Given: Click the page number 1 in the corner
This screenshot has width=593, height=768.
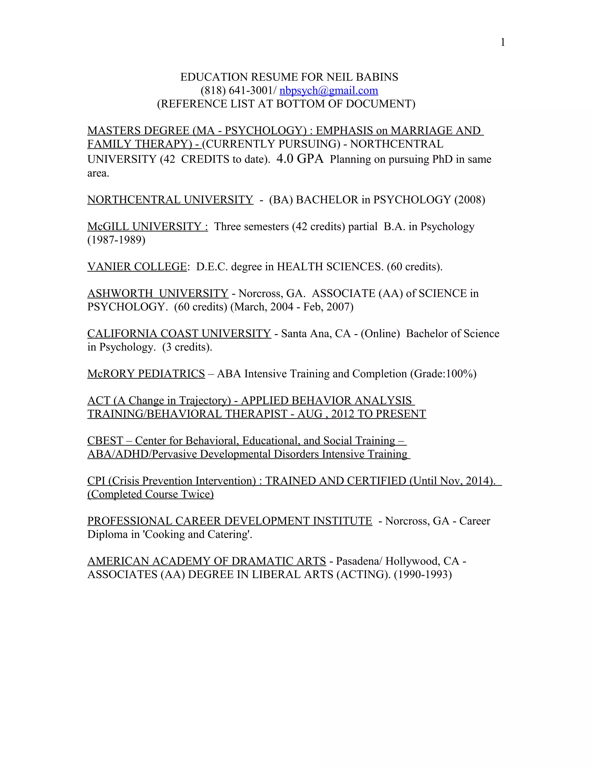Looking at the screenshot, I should pos(503,43).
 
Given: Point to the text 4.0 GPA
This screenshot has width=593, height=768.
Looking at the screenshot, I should pos(300,159).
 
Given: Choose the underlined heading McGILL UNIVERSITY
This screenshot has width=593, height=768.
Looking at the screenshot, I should pos(147,226).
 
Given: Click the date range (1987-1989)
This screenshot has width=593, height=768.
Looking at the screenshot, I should pos(116,240).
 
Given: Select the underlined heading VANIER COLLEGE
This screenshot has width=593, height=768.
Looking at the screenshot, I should pos(137,267).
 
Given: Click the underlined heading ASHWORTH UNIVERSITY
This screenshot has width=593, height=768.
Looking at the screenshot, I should pos(158,293).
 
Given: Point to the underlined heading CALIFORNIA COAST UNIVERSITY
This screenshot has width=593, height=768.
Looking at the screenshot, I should pos(179,333).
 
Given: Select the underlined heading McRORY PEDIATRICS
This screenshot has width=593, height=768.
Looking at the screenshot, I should pos(146,374).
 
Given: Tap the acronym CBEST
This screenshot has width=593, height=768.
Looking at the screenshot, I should pos(105,441).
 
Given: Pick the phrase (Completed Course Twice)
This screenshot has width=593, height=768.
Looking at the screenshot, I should pos(150,494).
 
